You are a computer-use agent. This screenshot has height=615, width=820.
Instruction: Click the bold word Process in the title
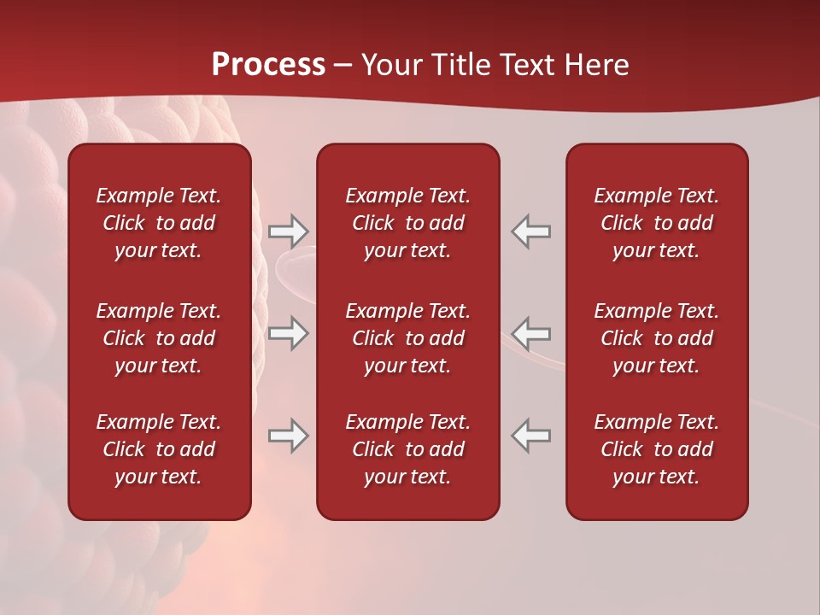pyautogui.click(x=268, y=65)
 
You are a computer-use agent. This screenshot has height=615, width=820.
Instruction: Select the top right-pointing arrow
pyautogui.click(x=288, y=231)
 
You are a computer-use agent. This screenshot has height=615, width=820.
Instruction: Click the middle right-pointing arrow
pyautogui.click(x=288, y=332)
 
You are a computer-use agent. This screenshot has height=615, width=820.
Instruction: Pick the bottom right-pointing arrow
pyautogui.click(x=288, y=436)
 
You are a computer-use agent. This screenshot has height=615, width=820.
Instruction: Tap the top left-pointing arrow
pyautogui.click(x=531, y=231)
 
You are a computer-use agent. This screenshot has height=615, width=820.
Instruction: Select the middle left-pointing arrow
pyautogui.click(x=531, y=332)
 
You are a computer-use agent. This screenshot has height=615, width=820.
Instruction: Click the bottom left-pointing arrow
pyautogui.click(x=531, y=436)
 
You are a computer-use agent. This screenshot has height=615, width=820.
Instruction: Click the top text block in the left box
pyautogui.click(x=159, y=223)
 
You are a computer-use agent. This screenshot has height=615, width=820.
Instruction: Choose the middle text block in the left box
pyautogui.click(x=159, y=338)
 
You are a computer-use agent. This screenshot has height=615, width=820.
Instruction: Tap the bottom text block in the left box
pyautogui.click(x=159, y=449)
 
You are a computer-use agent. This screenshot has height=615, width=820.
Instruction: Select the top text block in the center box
pyautogui.click(x=407, y=223)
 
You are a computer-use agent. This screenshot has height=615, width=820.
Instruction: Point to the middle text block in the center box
pyautogui.click(x=407, y=338)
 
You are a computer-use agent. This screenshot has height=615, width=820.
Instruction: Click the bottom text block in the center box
pyautogui.click(x=407, y=449)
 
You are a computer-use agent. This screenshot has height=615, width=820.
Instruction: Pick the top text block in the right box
pyautogui.click(x=656, y=223)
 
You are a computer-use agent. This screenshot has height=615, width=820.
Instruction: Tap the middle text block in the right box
pyautogui.click(x=656, y=338)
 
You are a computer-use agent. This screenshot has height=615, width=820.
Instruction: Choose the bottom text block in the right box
pyautogui.click(x=656, y=449)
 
